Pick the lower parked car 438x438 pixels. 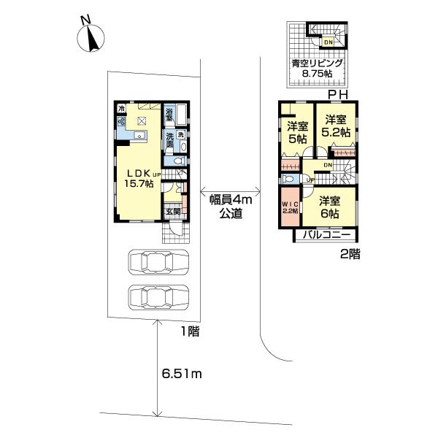coord(158,296)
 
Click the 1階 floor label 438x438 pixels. coord(191,331)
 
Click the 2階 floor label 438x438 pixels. coord(349,255)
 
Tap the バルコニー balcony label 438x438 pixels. coord(326,235)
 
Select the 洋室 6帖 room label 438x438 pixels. coord(328,207)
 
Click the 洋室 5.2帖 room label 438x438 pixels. coord(337,126)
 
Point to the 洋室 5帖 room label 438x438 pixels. coord(297,132)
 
